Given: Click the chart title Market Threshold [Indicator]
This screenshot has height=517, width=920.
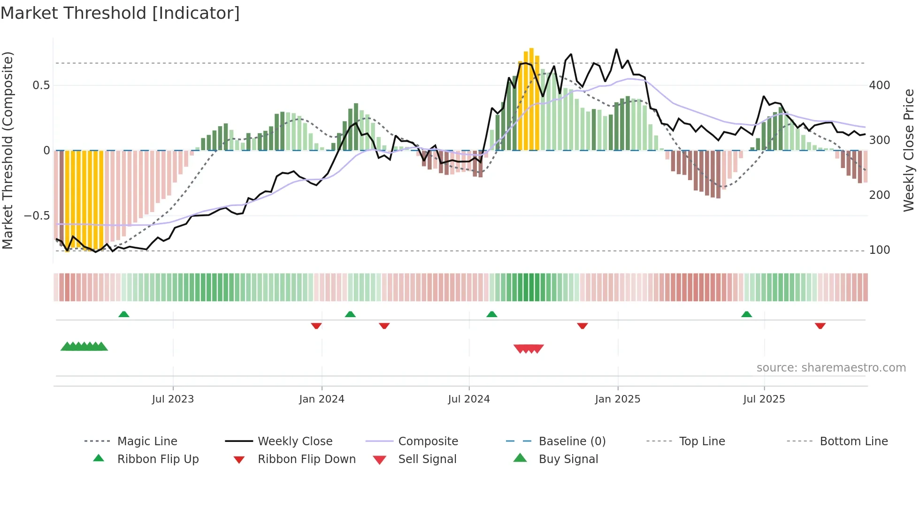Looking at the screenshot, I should point(120,13).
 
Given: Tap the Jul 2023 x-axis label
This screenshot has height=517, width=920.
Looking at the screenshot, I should point(173,399).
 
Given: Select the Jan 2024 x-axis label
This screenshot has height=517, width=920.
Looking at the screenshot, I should point(322,399).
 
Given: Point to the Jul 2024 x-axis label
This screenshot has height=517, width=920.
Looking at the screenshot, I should point(468,399).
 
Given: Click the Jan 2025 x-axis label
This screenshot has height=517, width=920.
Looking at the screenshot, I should point(617,399).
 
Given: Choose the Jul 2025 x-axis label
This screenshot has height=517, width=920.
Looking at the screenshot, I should point(764,399).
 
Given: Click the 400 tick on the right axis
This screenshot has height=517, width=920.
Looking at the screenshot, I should point(879,85).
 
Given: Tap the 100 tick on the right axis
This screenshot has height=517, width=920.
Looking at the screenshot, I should point(879,250).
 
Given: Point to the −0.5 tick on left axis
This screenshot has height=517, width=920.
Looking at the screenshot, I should point(37,216).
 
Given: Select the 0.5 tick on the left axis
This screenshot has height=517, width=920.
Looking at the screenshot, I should point(41,85).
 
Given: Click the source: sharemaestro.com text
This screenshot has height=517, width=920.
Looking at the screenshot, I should point(831,368).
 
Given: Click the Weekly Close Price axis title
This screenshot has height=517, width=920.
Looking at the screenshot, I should point(909,150).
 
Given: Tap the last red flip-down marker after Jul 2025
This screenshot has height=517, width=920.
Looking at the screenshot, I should point(820,326).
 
